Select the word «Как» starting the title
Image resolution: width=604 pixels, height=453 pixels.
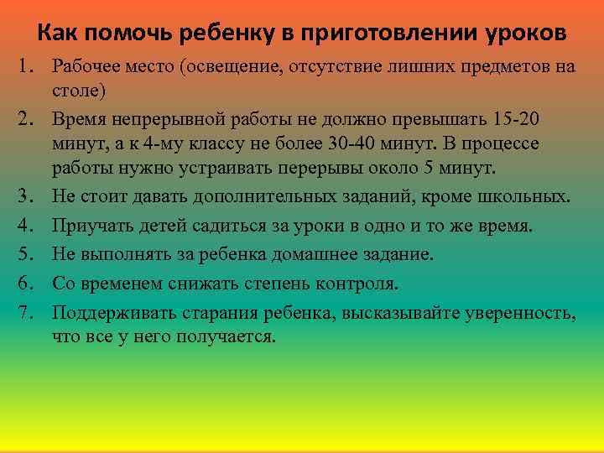point(56,34)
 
